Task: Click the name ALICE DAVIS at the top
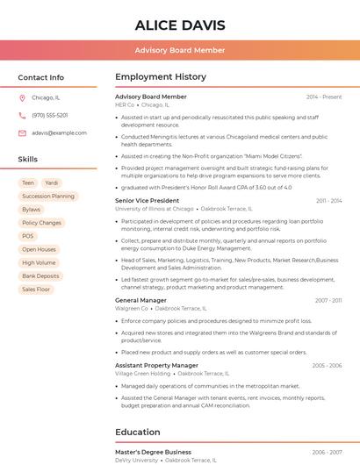coord(180,25)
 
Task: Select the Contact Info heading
coord(40,77)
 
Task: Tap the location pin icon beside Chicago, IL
coord(22,98)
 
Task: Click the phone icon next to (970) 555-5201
coord(22,115)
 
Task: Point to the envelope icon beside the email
coord(22,132)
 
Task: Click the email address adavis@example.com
coord(59,132)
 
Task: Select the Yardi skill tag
coord(52,182)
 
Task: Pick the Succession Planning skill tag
coord(48,196)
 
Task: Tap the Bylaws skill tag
coord(31,210)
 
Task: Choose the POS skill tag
coord(28,236)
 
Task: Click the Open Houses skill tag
coord(39,249)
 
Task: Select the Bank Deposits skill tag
coord(40,275)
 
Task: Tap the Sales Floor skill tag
coord(36,289)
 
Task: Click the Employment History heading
coord(161,77)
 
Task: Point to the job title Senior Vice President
coord(147,201)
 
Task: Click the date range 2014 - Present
coord(324,97)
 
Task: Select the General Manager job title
coord(140,300)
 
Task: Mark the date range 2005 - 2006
coord(327,365)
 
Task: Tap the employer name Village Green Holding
coord(143,373)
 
